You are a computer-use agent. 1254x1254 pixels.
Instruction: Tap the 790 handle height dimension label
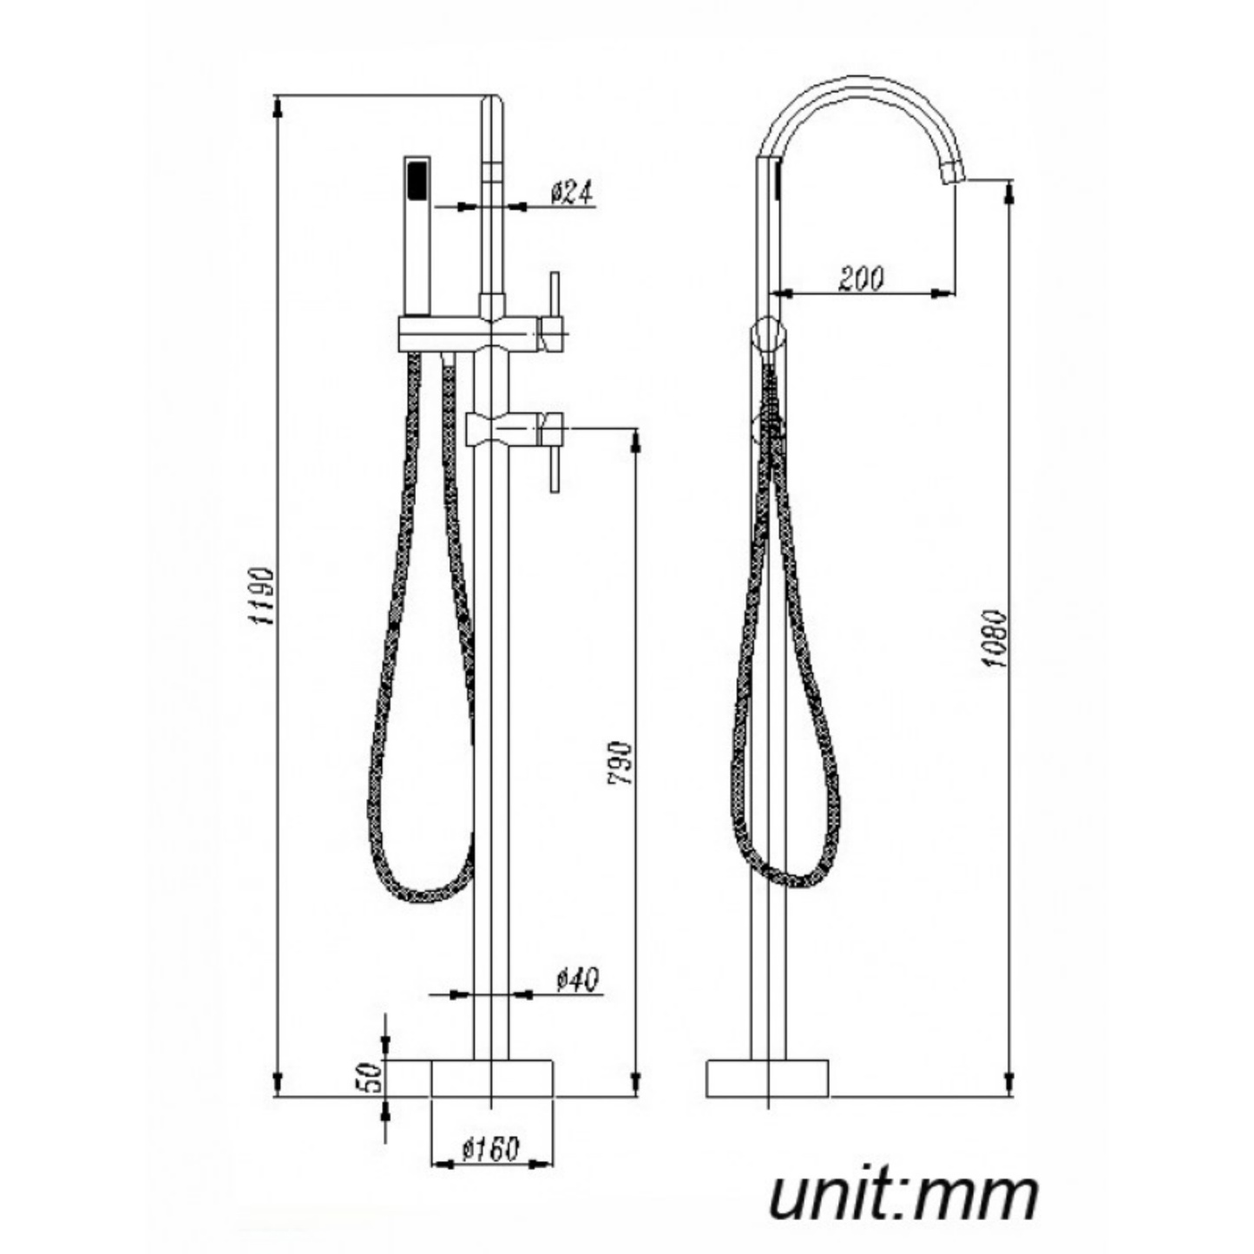click(621, 763)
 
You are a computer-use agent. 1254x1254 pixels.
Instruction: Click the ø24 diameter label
click(572, 192)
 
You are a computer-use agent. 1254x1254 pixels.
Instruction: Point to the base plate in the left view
click(492, 1077)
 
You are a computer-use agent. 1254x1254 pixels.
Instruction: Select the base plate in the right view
click(767, 1078)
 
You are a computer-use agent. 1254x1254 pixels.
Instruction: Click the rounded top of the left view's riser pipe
click(493, 102)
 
